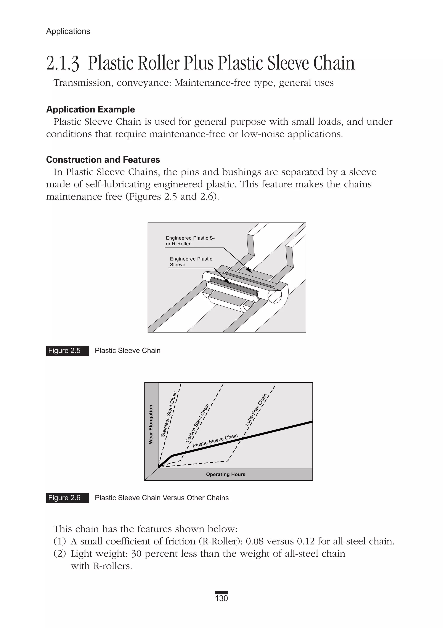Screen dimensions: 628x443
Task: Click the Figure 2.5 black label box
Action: coord(67,351)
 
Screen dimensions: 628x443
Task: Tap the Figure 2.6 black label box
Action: coord(67,498)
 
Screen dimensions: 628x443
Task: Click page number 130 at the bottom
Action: coord(221,598)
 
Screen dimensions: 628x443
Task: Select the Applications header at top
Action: coord(68,31)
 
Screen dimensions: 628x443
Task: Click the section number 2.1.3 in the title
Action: coord(63,64)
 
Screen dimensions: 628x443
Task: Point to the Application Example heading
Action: coord(90,109)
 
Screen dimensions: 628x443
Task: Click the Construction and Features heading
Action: coord(103,160)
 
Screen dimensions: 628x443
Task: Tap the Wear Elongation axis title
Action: coord(151,424)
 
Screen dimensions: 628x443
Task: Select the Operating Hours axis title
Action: coord(226,475)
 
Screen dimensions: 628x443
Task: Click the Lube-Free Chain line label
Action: coord(256,409)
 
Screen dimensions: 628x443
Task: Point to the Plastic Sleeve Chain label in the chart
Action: coord(215,440)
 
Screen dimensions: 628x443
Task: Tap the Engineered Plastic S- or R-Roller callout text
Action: coord(190,241)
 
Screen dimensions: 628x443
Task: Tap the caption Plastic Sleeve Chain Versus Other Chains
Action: coord(162,498)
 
